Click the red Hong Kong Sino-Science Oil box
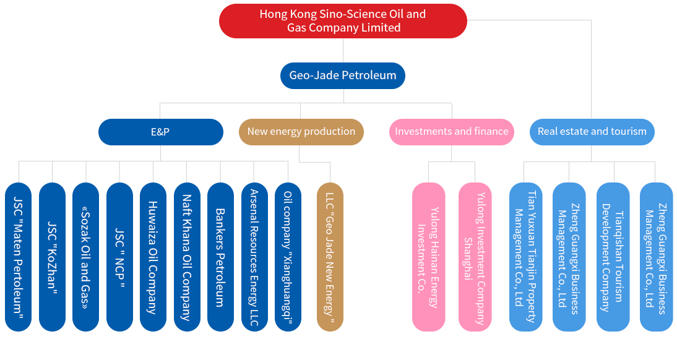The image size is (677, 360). pyautogui.click(x=343, y=21)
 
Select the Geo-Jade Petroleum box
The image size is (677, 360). pyautogui.click(x=343, y=75)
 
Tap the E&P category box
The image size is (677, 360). pyautogui.click(x=160, y=132)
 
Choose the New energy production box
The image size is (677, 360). pyautogui.click(x=301, y=132)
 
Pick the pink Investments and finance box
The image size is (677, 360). pyautogui.click(x=451, y=132)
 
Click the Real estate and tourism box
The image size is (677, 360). pyautogui.click(x=592, y=132)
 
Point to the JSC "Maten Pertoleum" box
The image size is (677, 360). pyautogui.click(x=18, y=257)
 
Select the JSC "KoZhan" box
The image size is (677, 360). pyautogui.click(x=52, y=257)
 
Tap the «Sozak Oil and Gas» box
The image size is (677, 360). pyautogui.click(x=85, y=257)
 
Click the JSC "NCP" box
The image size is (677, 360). pyautogui.click(x=119, y=257)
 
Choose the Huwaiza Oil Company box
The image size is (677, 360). pyautogui.click(x=153, y=257)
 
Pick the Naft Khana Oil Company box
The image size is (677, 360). pyautogui.click(x=187, y=257)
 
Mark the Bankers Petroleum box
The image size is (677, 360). pyautogui.click(x=220, y=257)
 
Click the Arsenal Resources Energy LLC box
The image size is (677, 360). pyautogui.click(x=254, y=257)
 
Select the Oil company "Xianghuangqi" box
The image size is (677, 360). pyautogui.click(x=288, y=257)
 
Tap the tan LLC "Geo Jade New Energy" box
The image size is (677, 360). pyautogui.click(x=330, y=257)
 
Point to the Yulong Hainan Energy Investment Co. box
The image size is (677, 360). pyautogui.click(x=428, y=257)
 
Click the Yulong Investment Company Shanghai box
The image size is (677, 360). pyautogui.click(x=475, y=257)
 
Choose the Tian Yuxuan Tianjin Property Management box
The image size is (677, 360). pyautogui.click(x=525, y=257)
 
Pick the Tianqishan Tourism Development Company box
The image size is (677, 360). pyautogui.click(x=613, y=257)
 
